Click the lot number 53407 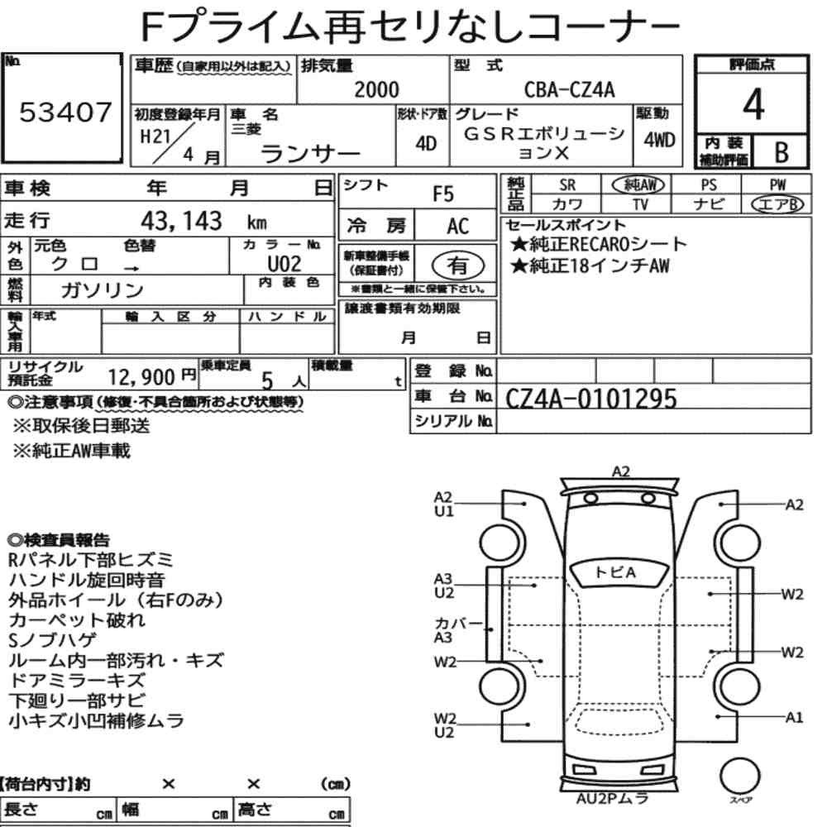(x=65, y=112)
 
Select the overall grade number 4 (x=753, y=104)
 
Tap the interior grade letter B (x=782, y=152)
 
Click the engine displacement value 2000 (x=376, y=89)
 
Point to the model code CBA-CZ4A (x=570, y=89)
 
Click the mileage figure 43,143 (x=181, y=221)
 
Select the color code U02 (x=284, y=263)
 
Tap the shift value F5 (x=443, y=194)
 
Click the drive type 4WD (x=659, y=141)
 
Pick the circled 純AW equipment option (x=638, y=184)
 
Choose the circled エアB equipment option (x=777, y=204)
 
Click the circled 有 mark (x=458, y=265)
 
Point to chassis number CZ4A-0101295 (x=590, y=399)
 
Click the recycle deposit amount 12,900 (x=141, y=377)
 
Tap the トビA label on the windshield (x=615, y=573)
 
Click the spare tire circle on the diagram (x=739, y=776)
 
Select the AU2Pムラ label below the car (x=612, y=799)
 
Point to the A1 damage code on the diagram (x=794, y=717)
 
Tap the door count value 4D (x=426, y=143)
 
